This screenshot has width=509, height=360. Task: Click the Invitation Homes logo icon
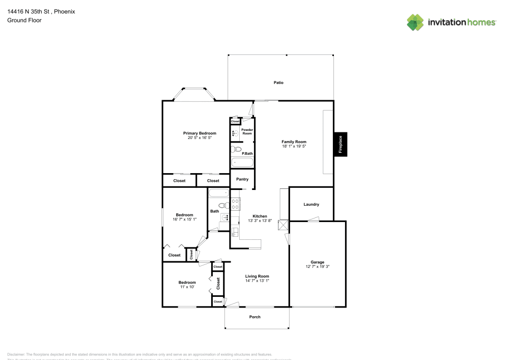[x=415, y=22]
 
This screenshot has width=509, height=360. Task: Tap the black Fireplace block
[x=341, y=144]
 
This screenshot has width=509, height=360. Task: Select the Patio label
[x=278, y=82]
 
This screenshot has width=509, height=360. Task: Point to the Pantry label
[x=242, y=179]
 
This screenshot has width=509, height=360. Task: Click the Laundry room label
[x=311, y=205]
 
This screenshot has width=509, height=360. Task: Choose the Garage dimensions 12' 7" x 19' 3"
[x=318, y=266]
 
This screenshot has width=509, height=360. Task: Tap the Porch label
[x=255, y=317]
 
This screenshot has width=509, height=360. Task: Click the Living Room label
[x=257, y=276]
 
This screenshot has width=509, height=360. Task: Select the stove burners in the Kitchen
[x=236, y=204]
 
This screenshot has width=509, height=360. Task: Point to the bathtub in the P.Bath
[x=242, y=163]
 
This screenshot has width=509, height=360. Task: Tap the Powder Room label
[x=247, y=131]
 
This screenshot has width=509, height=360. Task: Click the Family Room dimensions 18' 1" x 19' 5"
[x=294, y=146]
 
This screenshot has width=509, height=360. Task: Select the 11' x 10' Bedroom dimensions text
[x=187, y=287]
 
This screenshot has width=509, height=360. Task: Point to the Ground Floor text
[x=24, y=20]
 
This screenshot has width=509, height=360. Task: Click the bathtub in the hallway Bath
[x=219, y=193]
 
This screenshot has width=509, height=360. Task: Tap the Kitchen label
[x=260, y=216]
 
